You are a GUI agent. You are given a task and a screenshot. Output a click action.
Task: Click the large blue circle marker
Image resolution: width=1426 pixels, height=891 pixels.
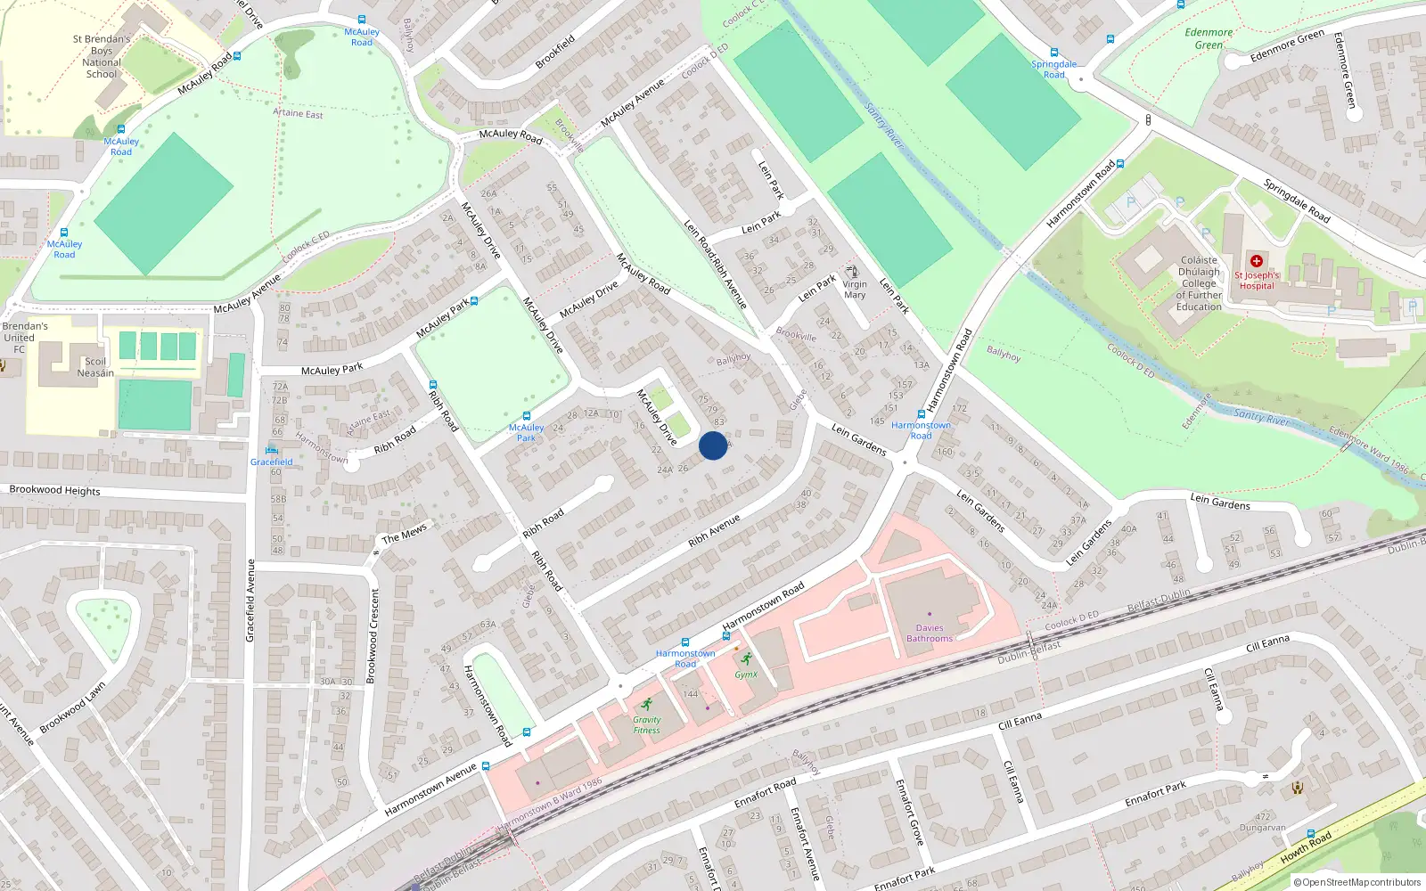[713, 445]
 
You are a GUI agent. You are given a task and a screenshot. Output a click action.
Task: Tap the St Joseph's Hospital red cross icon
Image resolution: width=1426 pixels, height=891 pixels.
[1257, 261]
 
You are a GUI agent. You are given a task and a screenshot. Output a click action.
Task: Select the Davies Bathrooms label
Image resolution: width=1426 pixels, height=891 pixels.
[930, 633]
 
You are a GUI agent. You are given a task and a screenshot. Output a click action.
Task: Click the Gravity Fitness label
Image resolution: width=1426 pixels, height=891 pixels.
[647, 724]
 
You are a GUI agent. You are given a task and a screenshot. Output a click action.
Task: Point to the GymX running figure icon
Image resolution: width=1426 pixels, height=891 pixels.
[747, 659]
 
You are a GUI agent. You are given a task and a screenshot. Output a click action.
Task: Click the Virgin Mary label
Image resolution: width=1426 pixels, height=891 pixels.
[855, 290]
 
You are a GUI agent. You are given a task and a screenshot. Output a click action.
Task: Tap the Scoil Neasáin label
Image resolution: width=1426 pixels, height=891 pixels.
[95, 367]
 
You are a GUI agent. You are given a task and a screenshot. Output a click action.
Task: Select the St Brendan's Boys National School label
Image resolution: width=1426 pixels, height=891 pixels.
[102, 56]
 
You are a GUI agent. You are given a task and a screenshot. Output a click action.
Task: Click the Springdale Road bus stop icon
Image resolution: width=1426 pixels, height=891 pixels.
[1054, 53]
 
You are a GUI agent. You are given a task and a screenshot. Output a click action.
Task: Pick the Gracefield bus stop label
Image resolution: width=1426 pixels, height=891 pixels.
[271, 462]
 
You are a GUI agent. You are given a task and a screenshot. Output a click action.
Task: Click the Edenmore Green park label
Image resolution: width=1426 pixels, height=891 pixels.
[1209, 38]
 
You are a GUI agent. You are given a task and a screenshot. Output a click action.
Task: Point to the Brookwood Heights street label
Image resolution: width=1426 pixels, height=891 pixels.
[54, 490]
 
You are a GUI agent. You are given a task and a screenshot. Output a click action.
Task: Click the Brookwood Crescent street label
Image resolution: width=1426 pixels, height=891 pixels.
[373, 635]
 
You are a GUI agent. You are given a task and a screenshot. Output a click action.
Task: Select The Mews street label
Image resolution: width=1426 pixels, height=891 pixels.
[405, 533]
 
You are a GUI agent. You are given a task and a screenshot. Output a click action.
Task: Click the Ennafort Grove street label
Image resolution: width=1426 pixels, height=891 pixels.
[908, 811]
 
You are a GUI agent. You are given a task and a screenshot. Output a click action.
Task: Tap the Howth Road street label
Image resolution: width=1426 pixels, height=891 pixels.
[1306, 847]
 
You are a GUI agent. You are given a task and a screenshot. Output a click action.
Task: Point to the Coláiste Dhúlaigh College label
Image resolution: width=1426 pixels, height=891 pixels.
[1199, 283]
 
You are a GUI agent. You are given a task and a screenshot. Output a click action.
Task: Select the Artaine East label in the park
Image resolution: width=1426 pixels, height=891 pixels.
[298, 113]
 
